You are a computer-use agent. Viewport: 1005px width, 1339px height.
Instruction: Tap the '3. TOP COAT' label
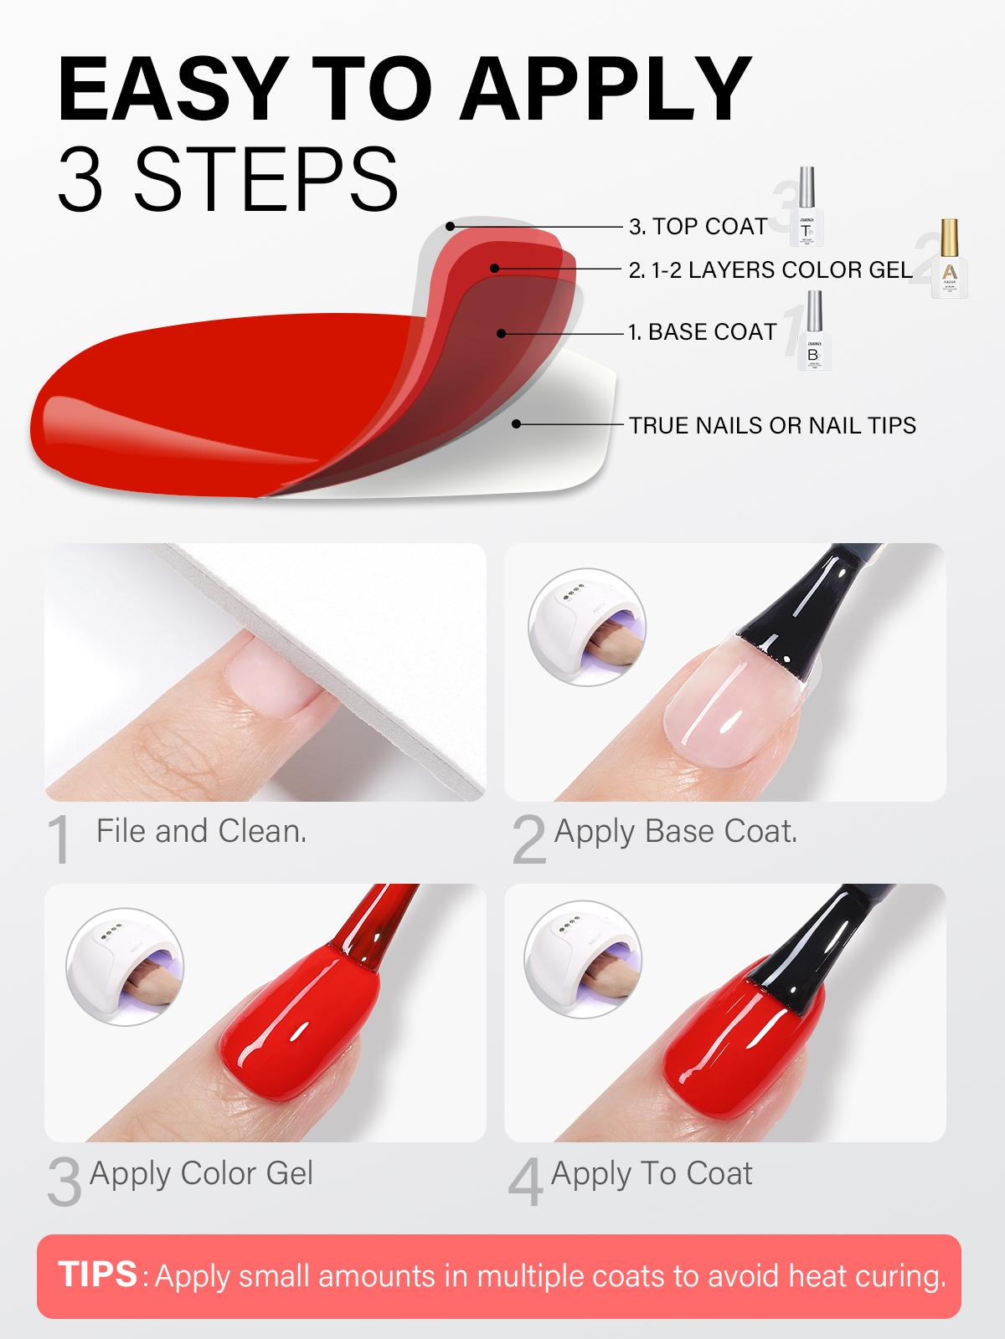point(698,226)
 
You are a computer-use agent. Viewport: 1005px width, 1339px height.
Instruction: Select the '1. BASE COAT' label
point(703,332)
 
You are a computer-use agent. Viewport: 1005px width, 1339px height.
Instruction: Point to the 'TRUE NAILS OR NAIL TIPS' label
point(772,425)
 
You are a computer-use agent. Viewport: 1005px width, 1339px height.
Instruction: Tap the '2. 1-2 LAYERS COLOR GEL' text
point(770,269)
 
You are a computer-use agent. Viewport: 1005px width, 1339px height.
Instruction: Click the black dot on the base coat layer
point(501,333)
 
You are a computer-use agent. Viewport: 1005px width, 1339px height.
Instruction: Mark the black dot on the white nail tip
point(517,424)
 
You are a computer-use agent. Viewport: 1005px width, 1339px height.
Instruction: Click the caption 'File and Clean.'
point(201,831)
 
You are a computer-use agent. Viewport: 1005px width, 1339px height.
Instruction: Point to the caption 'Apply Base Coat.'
point(675,831)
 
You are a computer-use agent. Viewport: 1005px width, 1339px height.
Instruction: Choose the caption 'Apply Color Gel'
point(201,1173)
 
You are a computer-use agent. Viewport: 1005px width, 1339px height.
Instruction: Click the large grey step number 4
point(526,1183)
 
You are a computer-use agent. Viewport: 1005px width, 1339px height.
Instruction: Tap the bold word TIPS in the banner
point(98,1274)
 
